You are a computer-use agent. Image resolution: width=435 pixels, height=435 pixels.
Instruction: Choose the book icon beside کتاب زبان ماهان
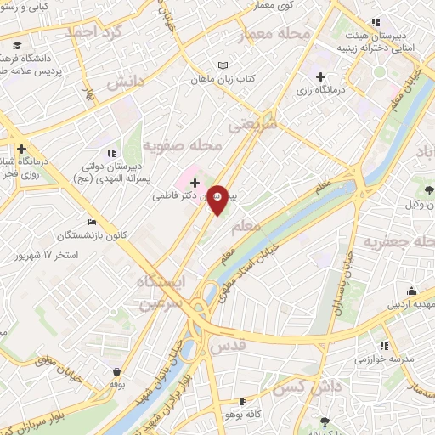click(223, 65)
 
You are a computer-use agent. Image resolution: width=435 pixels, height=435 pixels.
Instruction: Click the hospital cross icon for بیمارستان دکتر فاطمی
click(195, 183)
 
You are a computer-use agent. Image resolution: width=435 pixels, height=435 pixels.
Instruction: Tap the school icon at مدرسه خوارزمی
click(384, 346)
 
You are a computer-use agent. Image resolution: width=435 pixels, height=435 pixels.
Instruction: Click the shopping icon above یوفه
click(116, 371)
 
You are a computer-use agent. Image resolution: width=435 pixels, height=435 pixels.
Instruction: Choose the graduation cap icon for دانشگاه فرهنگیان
click(18, 45)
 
